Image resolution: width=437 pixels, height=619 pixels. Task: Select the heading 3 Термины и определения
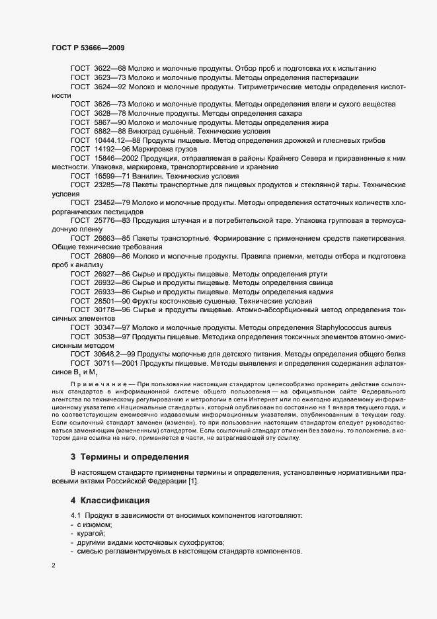click(130, 456)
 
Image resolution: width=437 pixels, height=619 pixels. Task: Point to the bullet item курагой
click(91, 533)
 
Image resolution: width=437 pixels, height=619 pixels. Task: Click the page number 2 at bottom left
click(54, 565)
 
